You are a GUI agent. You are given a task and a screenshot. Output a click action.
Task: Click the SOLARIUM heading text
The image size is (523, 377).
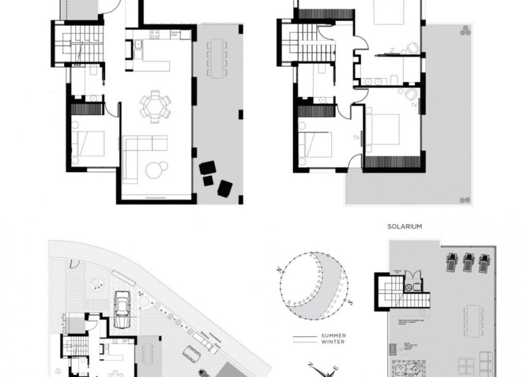coord(404,227)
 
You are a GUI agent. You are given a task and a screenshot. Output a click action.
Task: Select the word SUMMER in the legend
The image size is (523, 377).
coord(333,336)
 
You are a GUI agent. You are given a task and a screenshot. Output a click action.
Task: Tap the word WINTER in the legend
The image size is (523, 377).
coord(332,342)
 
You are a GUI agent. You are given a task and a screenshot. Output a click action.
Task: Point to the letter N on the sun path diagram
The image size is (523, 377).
coord(280,270)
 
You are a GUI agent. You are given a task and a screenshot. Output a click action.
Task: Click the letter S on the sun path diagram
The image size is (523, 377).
coord(350,301)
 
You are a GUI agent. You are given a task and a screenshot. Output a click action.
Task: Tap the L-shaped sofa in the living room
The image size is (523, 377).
coord(138,156)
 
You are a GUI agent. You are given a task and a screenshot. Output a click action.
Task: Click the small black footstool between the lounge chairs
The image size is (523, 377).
coord(207,179)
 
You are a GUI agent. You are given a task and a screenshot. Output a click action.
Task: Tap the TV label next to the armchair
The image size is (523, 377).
coord(413,105)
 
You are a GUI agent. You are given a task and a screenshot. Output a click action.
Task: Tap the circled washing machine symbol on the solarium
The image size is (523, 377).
coord(409,286)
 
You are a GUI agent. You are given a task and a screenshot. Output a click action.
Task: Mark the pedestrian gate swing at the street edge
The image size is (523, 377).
coord(74,268)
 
